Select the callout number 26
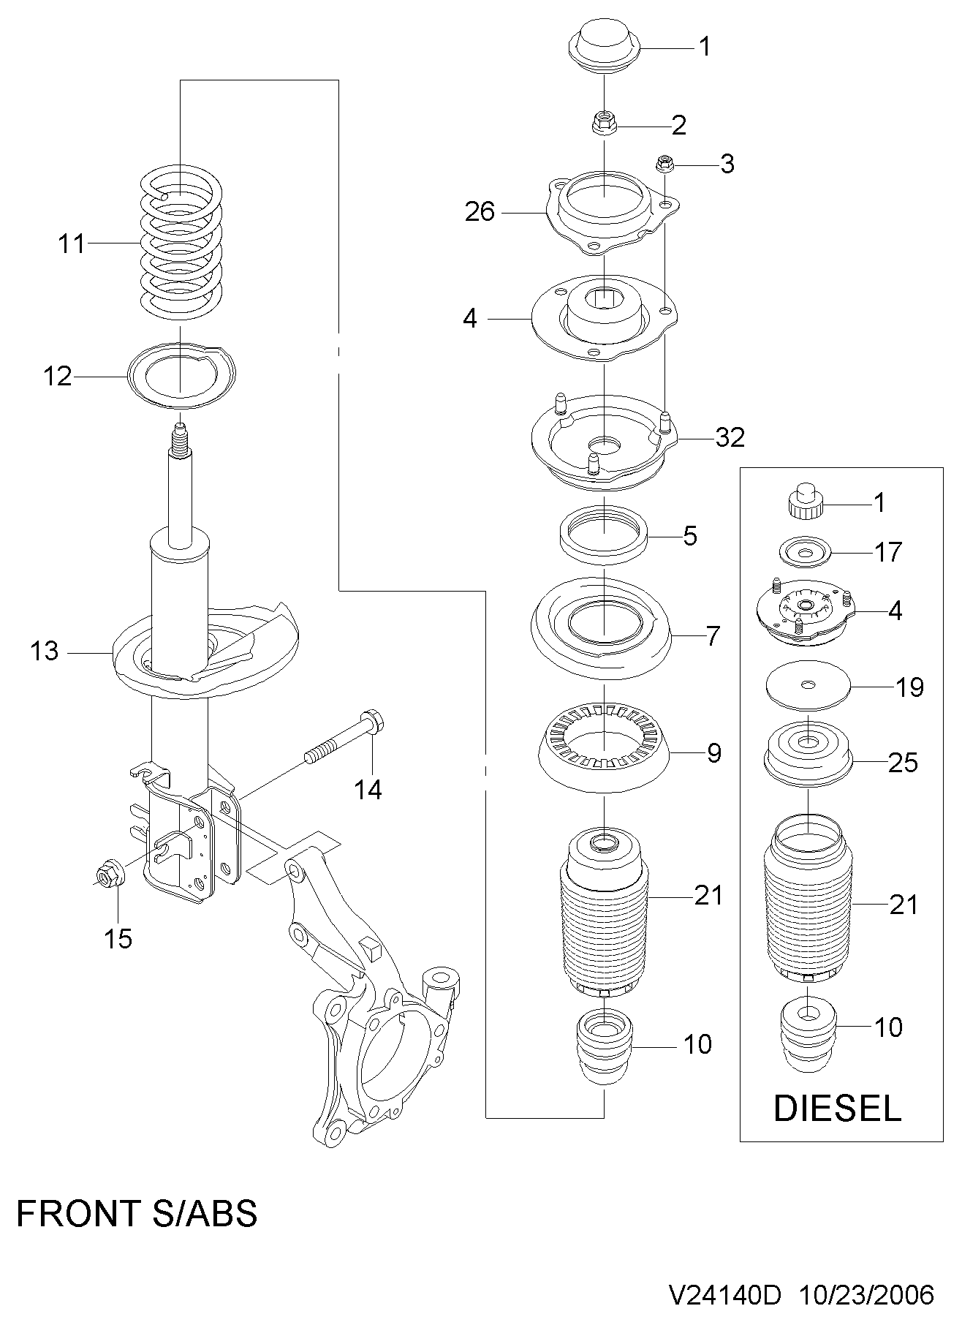click(x=480, y=212)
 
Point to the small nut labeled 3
click(x=664, y=164)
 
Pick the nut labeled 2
click(x=604, y=122)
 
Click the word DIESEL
click(x=837, y=1109)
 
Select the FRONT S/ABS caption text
click(x=137, y=1215)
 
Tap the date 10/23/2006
click(x=868, y=1295)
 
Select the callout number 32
click(x=730, y=437)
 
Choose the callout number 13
click(x=44, y=650)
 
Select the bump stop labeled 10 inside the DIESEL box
click(x=807, y=1035)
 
